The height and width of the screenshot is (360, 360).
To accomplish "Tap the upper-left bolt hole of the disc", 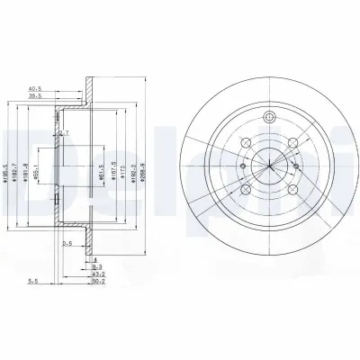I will click(x=246, y=141).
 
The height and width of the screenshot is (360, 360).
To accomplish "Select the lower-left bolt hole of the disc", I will click(x=246, y=191).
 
